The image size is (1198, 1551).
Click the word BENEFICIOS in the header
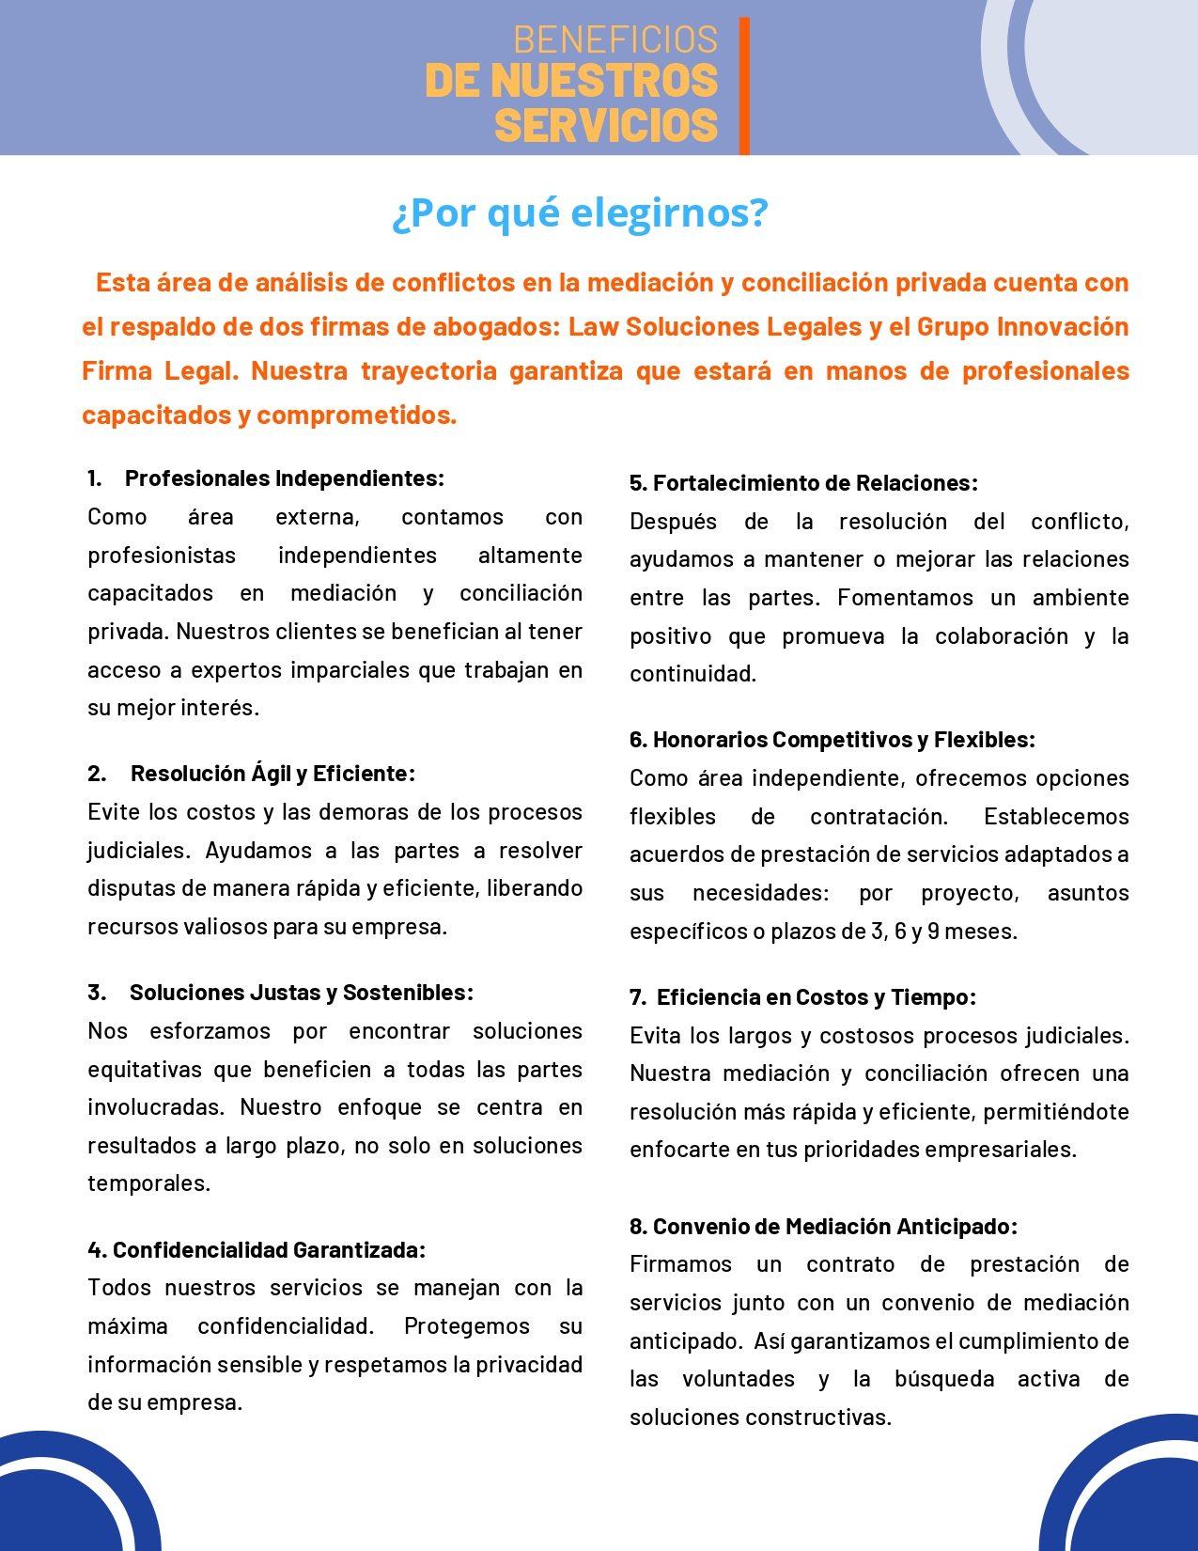(615, 39)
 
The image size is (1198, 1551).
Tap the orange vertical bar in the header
(744, 85)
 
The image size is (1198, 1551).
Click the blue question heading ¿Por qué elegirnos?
(580, 212)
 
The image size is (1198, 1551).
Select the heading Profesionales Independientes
(284, 478)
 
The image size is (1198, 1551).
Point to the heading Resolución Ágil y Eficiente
(272, 774)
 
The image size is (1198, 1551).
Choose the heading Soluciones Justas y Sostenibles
(301, 993)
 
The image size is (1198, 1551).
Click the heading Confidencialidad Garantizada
(269, 1250)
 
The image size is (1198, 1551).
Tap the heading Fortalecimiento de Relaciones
(815, 483)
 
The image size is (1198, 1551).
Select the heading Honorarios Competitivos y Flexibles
(843, 740)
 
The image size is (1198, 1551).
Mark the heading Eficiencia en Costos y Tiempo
(816, 997)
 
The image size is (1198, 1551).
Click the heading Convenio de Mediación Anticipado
(834, 1227)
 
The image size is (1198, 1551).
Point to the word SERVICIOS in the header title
(606, 125)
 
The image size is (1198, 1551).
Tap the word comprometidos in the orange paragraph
(356, 415)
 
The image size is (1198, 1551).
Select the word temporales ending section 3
(148, 1183)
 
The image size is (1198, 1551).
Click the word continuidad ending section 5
(692, 674)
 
